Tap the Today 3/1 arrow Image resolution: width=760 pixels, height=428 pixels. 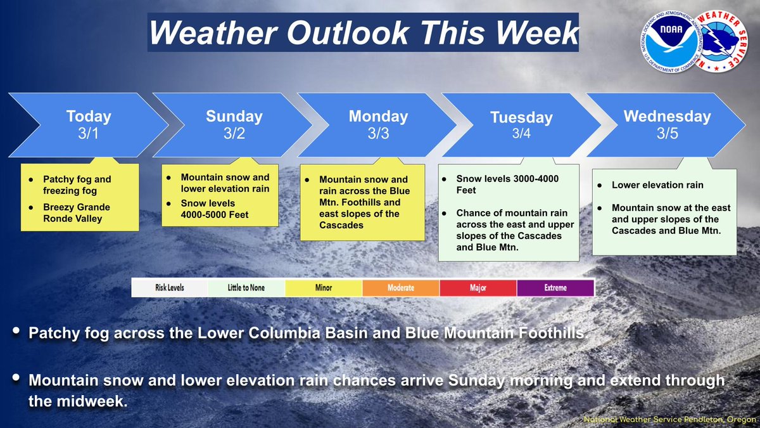tap(89, 125)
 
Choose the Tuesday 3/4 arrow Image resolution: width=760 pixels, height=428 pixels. tap(521, 126)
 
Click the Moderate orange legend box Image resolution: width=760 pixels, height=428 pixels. tap(401, 288)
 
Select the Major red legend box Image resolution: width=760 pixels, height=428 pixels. tap(478, 288)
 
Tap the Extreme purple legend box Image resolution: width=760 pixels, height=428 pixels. tap(555, 288)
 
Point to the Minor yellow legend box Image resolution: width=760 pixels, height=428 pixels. tap(324, 288)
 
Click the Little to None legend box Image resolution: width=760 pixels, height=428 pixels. tap(246, 288)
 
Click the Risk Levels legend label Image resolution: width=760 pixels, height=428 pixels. tap(169, 288)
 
